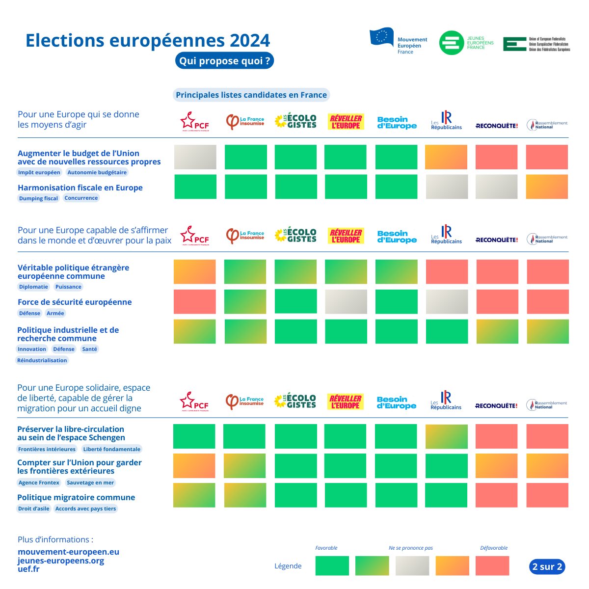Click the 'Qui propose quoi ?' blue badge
pos(224,61)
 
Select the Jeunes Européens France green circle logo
pos(451,43)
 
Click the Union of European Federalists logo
pos(536,44)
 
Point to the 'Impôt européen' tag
pos(39,172)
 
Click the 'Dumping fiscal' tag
pos(38,198)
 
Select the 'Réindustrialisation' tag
pos(42,360)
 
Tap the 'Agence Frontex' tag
pos(39,482)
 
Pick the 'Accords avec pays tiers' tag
pos(86,509)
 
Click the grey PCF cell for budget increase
pos(195,157)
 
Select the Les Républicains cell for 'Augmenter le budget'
pos(446,157)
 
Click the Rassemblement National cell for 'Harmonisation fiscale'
pos(547,187)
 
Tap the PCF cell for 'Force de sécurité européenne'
pos(195,302)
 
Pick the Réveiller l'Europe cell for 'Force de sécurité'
pos(346,302)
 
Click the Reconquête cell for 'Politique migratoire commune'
pos(496,495)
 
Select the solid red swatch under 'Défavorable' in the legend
pos(492,566)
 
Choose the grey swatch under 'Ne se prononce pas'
pos(412,566)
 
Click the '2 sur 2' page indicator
pos(547,566)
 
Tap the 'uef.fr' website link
pos(28,569)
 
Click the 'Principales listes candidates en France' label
pos(251,95)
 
